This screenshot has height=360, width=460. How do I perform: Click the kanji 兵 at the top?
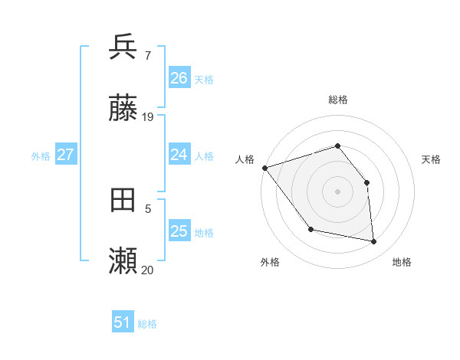(123, 47)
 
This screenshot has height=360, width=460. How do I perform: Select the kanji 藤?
(123, 110)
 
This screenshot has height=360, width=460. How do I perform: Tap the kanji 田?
(123, 200)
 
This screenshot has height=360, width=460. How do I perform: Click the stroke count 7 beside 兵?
(147, 55)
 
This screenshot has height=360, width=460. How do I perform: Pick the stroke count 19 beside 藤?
(148, 117)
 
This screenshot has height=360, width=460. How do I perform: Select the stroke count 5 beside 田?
(148, 208)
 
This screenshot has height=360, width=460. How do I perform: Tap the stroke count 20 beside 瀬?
(148, 270)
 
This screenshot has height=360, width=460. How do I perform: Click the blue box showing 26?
(179, 78)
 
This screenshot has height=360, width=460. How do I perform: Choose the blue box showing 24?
(179, 155)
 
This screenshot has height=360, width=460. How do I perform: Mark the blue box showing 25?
(179, 231)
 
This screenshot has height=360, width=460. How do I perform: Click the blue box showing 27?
(65, 155)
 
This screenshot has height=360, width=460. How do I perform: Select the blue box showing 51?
(122, 323)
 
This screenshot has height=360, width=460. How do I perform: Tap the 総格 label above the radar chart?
(338, 100)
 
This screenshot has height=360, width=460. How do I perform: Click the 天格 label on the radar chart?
(431, 159)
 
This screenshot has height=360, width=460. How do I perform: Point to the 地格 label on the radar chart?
(402, 262)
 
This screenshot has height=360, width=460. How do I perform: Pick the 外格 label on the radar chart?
(270, 262)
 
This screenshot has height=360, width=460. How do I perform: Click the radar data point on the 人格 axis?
(264, 168)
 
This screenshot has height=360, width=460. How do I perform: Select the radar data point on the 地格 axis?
(374, 241)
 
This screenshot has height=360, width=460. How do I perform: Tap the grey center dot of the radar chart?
(338, 191)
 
